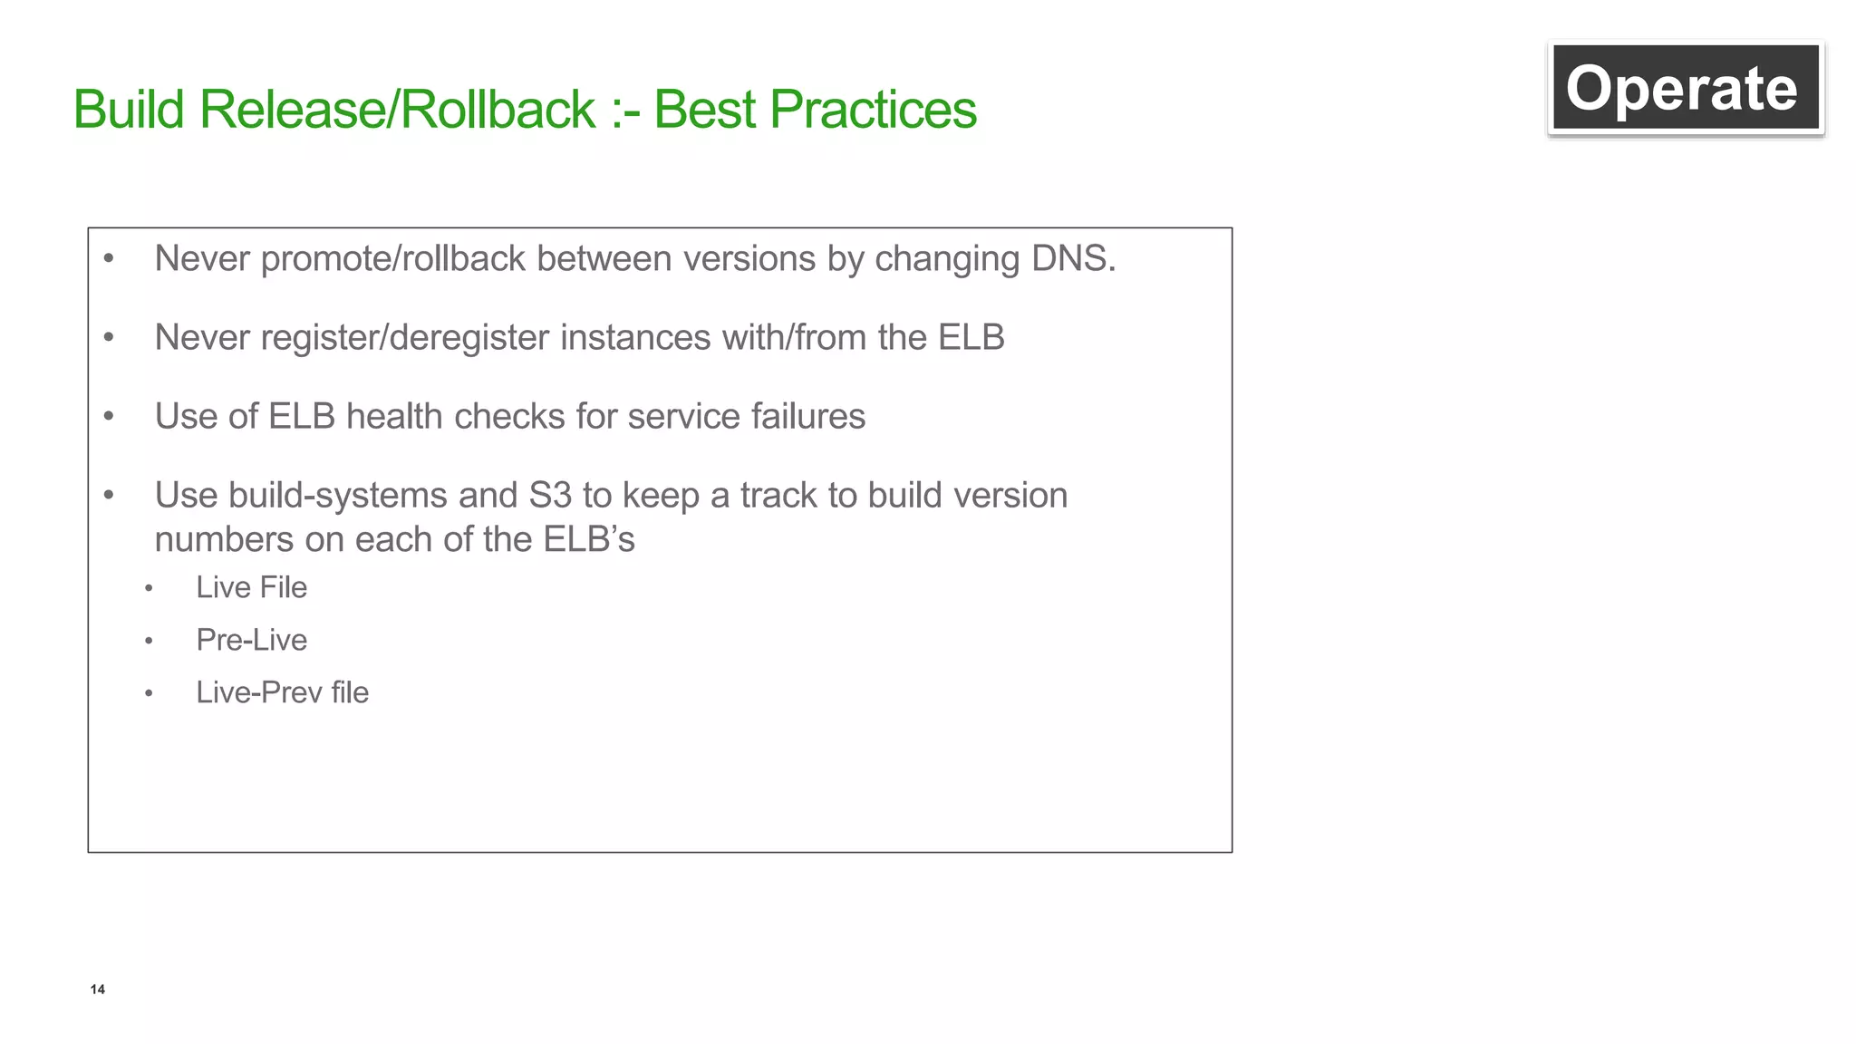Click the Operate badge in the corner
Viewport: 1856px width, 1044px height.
(x=1685, y=88)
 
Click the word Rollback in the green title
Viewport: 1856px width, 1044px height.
(x=497, y=110)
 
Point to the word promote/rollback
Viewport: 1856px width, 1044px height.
(x=392, y=259)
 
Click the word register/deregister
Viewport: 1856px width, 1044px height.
(x=404, y=338)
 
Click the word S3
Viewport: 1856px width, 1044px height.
(x=550, y=495)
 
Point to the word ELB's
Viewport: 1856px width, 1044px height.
(x=589, y=539)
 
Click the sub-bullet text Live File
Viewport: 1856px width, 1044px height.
(x=251, y=587)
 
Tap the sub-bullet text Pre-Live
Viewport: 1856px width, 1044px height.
(x=251, y=640)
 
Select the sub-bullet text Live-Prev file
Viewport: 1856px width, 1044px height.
(x=282, y=692)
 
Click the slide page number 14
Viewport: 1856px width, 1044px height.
(x=97, y=989)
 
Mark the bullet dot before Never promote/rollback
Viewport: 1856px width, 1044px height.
(x=109, y=259)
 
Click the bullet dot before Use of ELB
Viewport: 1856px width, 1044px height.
(x=109, y=417)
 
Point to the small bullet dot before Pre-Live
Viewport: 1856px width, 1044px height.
(x=149, y=642)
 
